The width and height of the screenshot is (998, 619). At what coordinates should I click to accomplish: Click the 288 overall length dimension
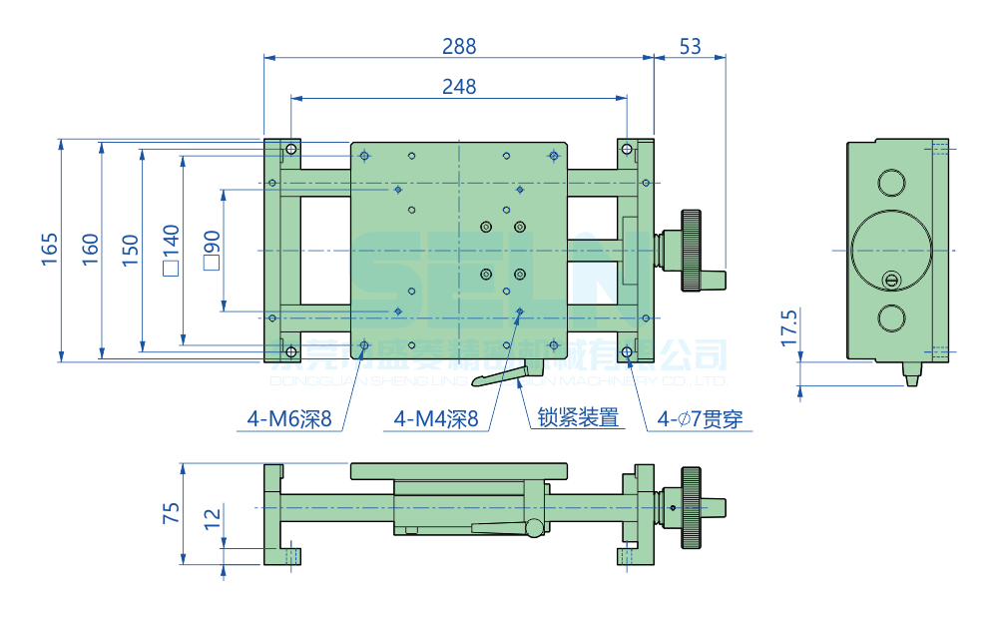click(459, 46)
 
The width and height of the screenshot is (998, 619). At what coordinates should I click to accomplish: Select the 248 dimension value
click(459, 87)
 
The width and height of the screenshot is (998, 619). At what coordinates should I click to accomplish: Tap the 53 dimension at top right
click(690, 46)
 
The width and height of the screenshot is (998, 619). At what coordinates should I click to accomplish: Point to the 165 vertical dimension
click(50, 250)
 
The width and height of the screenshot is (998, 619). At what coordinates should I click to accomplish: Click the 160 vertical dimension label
click(90, 250)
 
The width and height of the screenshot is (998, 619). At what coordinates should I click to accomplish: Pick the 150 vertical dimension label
click(130, 250)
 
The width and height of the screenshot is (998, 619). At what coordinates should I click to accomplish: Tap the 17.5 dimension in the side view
click(788, 327)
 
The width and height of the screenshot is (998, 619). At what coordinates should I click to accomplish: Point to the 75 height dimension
click(171, 513)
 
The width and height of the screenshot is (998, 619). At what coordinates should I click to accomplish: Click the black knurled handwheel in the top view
click(692, 250)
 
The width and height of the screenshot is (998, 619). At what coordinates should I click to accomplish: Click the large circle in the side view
click(891, 250)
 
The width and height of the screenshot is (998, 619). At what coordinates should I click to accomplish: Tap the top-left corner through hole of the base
click(290, 150)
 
